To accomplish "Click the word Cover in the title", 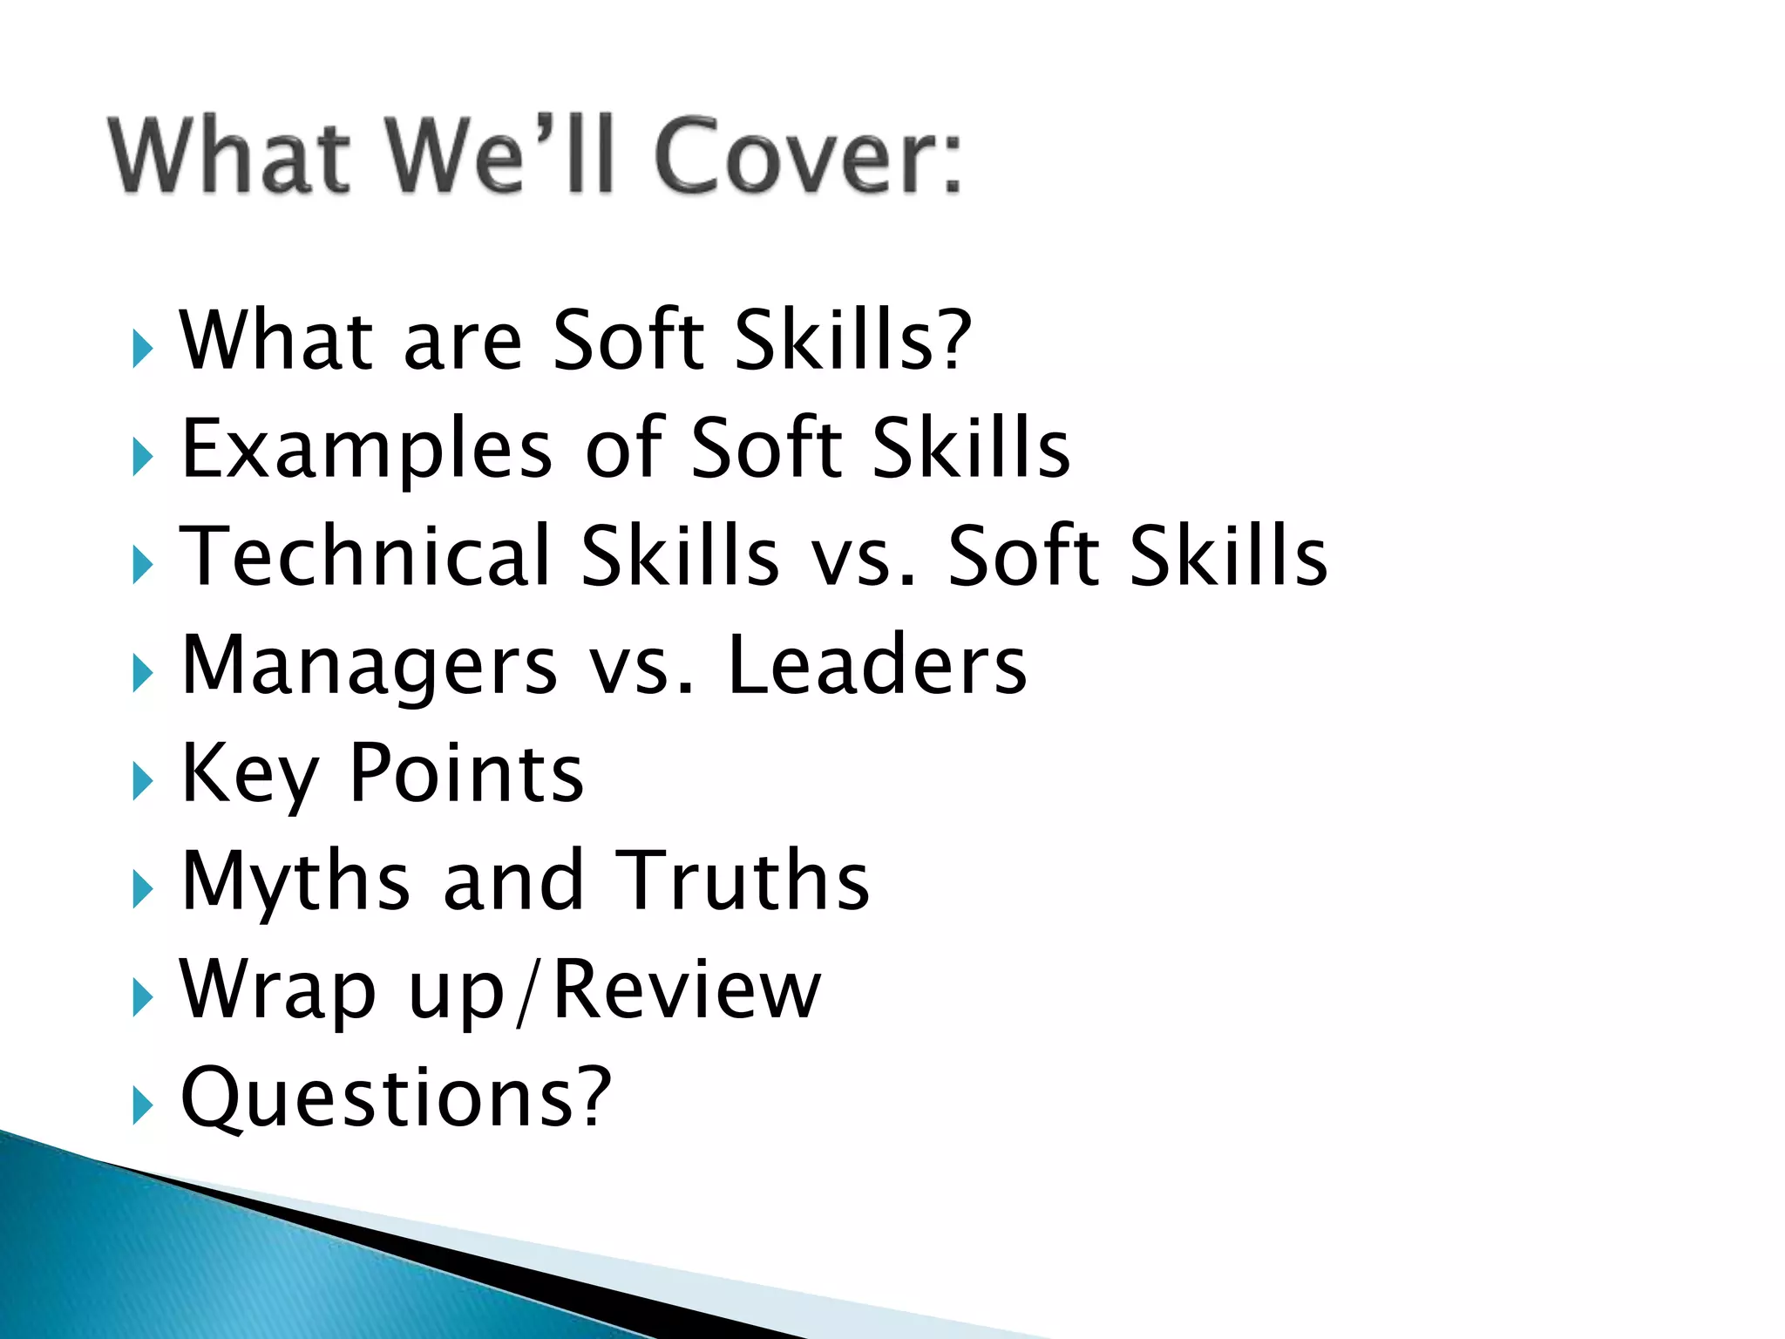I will pos(806,157).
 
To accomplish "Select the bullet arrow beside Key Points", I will pos(142,781).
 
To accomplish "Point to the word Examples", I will pos(366,449).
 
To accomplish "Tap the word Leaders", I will pos(877,666).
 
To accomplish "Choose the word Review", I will pos(687,989).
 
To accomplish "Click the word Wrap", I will pos(277,990).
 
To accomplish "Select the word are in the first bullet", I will pos(462,342).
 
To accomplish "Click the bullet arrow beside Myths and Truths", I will pos(142,890).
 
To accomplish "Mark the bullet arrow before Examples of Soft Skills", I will pos(142,457).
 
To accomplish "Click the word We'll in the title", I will pos(500,157).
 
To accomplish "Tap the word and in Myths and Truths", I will pos(512,880).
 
